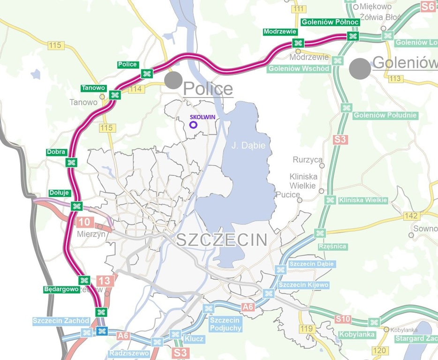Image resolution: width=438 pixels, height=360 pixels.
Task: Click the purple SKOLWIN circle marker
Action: click(x=193, y=125)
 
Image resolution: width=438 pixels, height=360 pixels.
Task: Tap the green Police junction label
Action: click(x=128, y=65)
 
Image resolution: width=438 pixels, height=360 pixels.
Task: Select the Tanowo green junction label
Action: click(x=93, y=88)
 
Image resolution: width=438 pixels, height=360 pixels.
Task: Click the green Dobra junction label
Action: click(x=56, y=152)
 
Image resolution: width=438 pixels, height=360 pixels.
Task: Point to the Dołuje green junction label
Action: click(x=59, y=193)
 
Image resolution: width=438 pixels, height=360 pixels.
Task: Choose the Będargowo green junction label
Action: click(x=61, y=289)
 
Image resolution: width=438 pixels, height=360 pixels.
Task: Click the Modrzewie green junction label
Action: click(x=280, y=32)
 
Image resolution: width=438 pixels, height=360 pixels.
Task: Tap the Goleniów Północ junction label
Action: click(x=330, y=22)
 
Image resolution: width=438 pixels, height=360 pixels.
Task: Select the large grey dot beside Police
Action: click(x=173, y=80)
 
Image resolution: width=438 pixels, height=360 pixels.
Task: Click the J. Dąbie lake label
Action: click(x=249, y=146)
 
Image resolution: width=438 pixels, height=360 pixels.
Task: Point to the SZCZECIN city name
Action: click(x=222, y=240)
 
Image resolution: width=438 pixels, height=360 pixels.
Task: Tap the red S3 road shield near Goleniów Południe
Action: click(x=340, y=139)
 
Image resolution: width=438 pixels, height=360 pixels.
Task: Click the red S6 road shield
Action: click(x=427, y=6)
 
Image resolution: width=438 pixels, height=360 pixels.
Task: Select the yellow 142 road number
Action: click(x=411, y=216)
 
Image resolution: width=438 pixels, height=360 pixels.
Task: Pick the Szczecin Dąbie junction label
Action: click(x=311, y=264)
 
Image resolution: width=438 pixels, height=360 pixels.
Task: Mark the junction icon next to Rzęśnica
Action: click(x=320, y=233)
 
